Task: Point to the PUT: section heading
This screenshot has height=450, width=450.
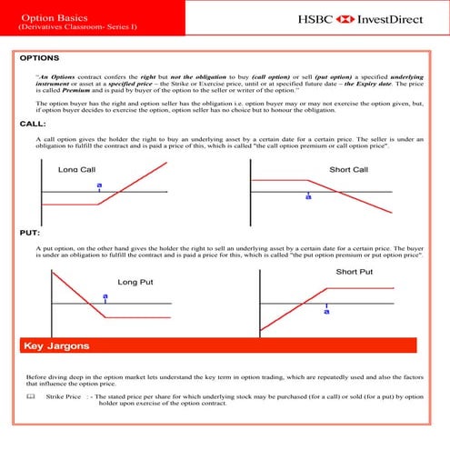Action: pyautogui.click(x=30, y=233)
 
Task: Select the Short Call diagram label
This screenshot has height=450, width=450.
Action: pyautogui.click(x=349, y=169)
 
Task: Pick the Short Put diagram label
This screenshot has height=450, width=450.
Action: pyautogui.click(x=355, y=272)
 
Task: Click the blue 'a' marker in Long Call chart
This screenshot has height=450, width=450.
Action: pyautogui.click(x=98, y=185)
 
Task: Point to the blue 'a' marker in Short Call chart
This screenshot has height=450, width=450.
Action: pyautogui.click(x=308, y=195)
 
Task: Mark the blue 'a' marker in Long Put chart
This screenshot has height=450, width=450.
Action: pyautogui.click(x=105, y=296)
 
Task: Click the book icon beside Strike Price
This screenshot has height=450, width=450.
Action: pyautogui.click(x=30, y=397)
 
